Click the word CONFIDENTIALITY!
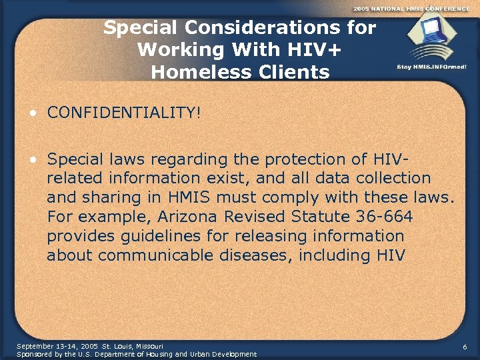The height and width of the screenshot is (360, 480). tap(123, 113)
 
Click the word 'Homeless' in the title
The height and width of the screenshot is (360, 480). tap(193, 71)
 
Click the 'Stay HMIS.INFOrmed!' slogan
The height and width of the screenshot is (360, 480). tap(431, 67)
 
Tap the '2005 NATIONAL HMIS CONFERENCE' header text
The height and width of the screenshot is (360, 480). tap(411, 7)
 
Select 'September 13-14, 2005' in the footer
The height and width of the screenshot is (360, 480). tap(57, 346)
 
